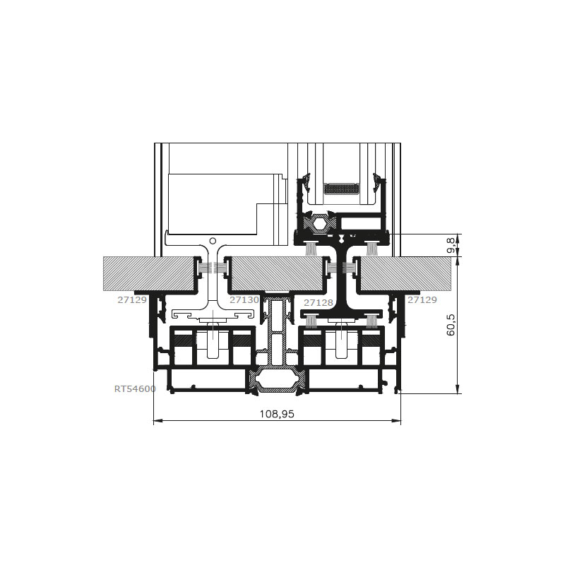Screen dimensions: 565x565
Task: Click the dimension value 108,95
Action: pyautogui.click(x=277, y=414)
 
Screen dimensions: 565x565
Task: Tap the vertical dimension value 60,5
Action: pyautogui.click(x=451, y=325)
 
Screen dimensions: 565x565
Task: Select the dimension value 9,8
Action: pyautogui.click(x=451, y=245)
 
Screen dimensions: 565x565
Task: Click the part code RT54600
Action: pyautogui.click(x=135, y=389)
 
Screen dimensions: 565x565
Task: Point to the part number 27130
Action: pyautogui.click(x=244, y=299)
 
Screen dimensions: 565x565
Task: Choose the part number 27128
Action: pyautogui.click(x=319, y=303)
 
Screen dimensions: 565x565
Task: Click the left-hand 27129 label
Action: pyautogui.click(x=132, y=299)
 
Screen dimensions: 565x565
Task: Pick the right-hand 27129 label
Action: pyautogui.click(x=422, y=299)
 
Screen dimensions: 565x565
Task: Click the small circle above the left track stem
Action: pyautogui.click(x=213, y=241)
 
